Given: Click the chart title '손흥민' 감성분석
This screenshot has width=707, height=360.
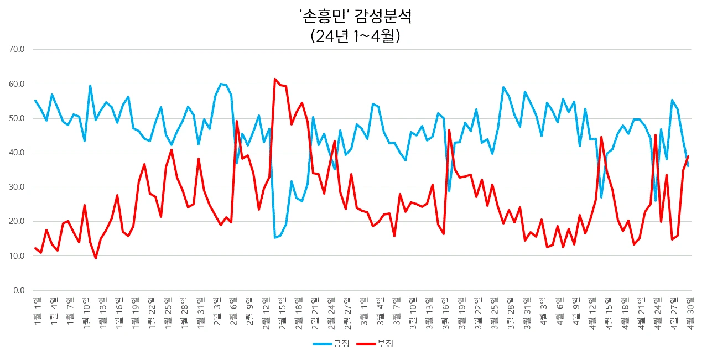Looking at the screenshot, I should pos(355,17).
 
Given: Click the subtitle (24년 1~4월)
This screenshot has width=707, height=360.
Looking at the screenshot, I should pos(355,36).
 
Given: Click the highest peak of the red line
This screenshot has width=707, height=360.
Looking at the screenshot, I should pos(275,79).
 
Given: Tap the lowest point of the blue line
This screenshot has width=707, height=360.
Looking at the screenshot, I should pos(275,238).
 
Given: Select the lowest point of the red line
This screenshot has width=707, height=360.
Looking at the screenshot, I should pos(96,258).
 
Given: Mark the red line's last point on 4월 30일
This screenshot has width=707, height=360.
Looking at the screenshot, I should pos(688,156).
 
